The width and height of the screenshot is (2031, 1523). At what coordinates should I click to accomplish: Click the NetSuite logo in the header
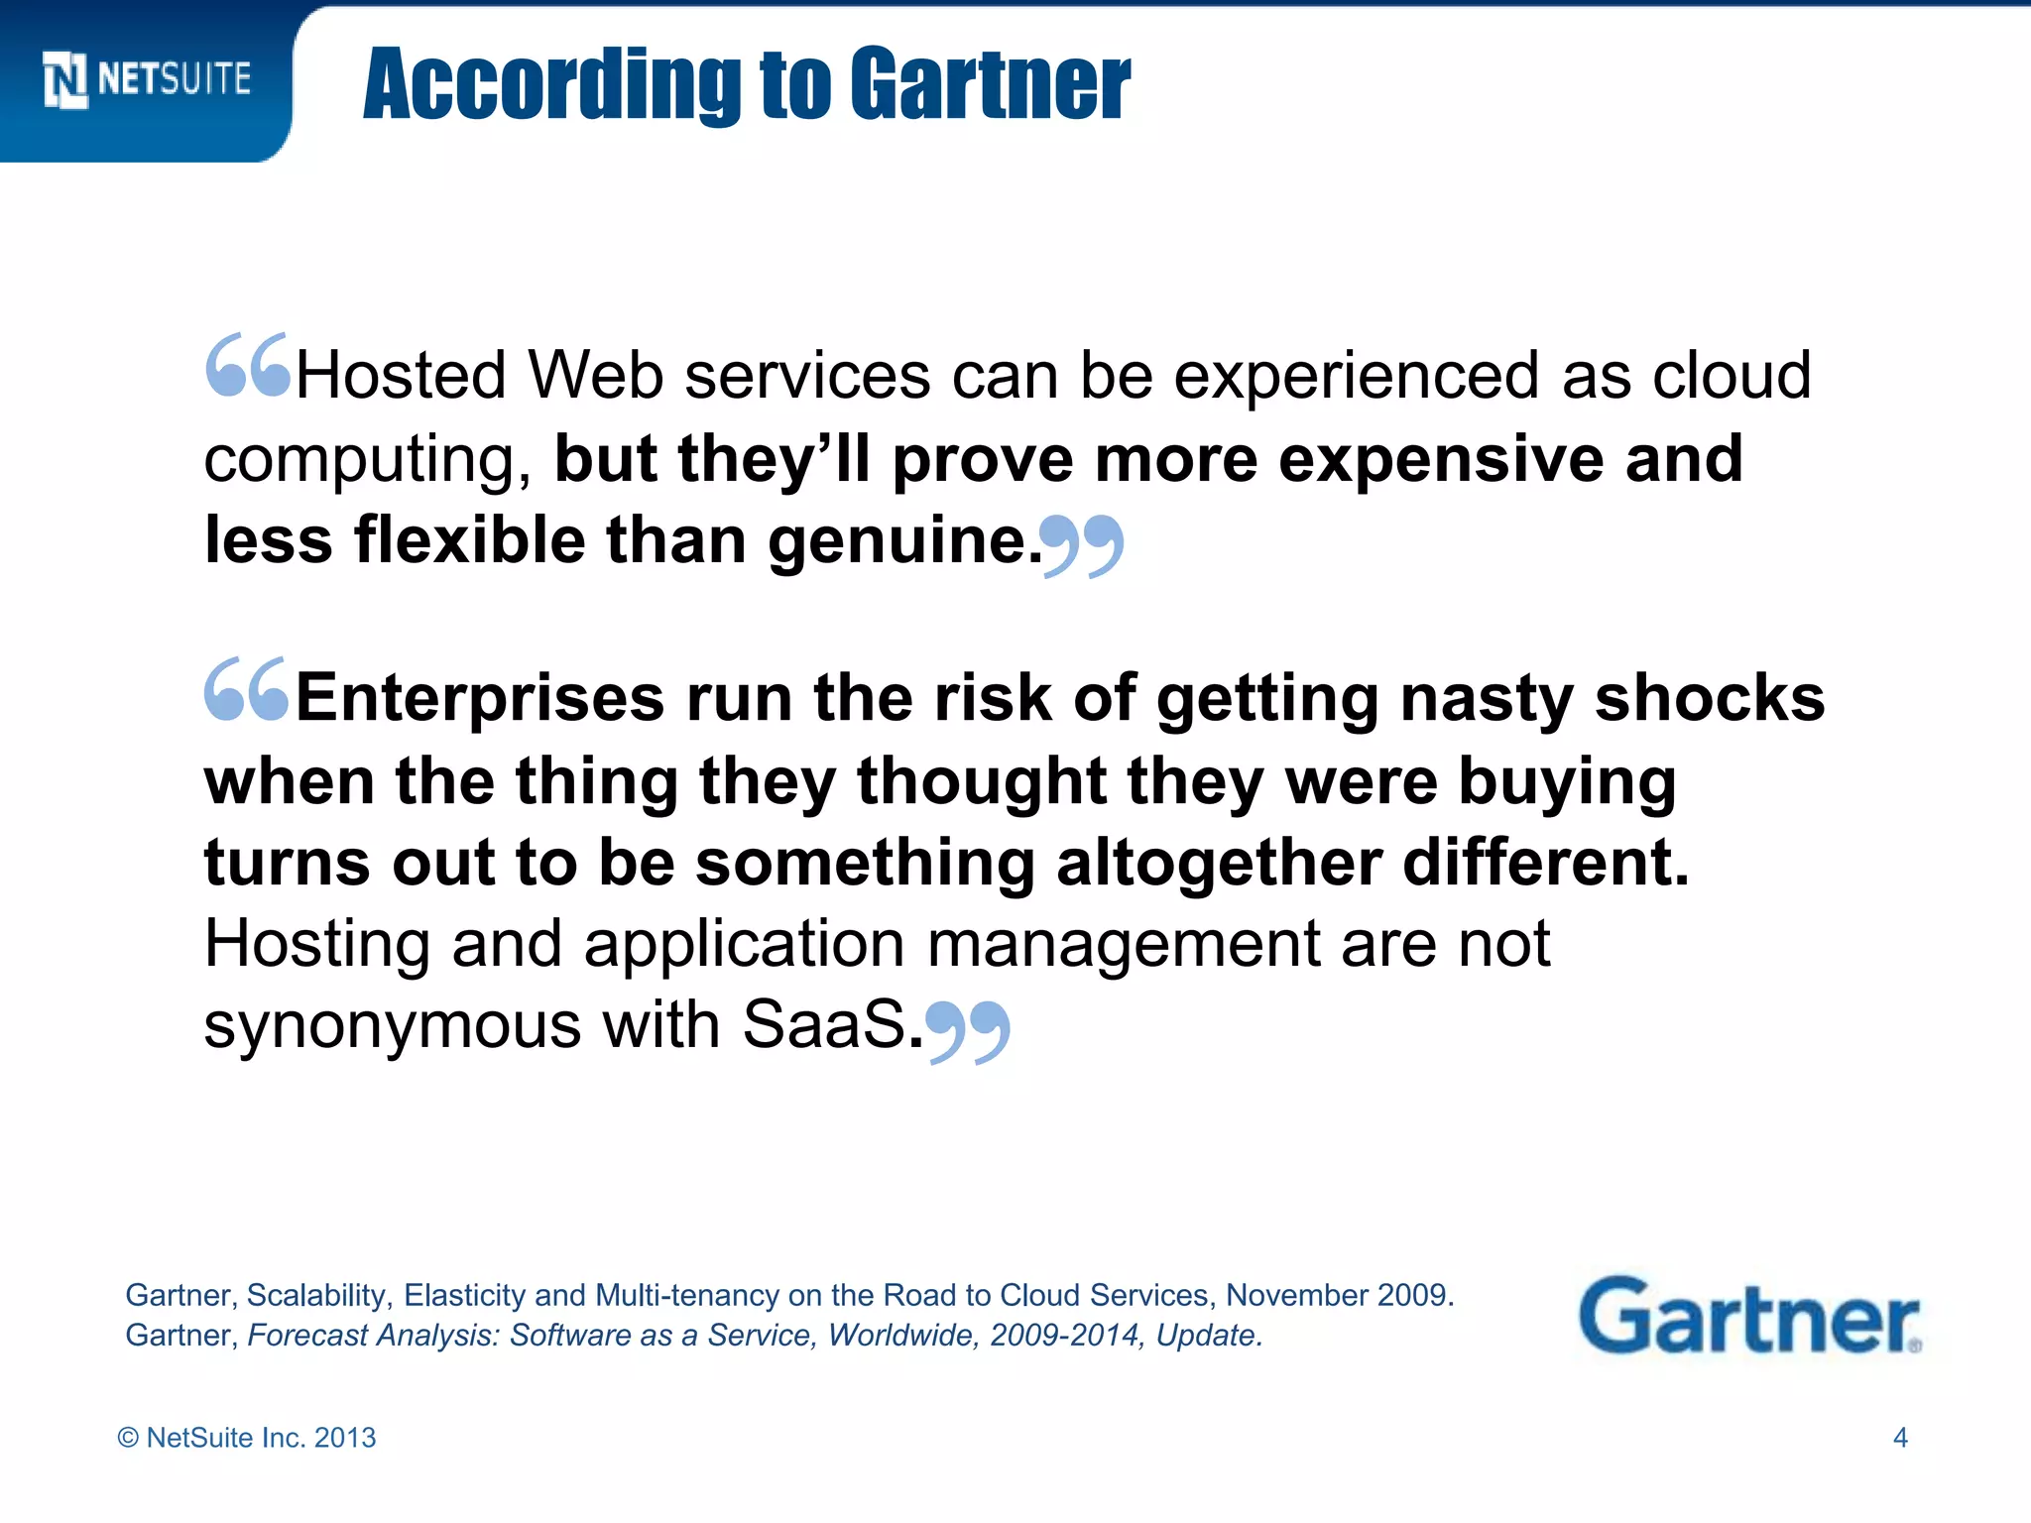click(147, 79)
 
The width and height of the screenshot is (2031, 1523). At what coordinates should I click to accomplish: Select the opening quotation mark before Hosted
click(248, 365)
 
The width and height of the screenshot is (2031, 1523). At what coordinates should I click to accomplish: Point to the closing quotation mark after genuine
click(1083, 544)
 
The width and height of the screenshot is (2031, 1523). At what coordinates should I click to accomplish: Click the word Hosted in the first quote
click(401, 376)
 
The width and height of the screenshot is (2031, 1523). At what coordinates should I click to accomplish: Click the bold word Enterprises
click(480, 698)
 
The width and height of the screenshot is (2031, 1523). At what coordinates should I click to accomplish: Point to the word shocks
click(1710, 698)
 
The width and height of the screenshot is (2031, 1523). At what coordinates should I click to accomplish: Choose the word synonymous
click(392, 1025)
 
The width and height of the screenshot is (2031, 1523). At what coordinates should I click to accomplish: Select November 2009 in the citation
click(1339, 1295)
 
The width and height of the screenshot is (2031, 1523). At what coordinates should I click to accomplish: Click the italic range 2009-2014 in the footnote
click(1063, 1336)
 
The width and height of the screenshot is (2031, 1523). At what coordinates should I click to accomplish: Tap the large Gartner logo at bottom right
click(1749, 1316)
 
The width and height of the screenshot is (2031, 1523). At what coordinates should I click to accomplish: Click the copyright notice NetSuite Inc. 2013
click(247, 1438)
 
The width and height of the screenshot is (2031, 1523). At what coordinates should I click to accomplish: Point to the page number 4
click(1900, 1438)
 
